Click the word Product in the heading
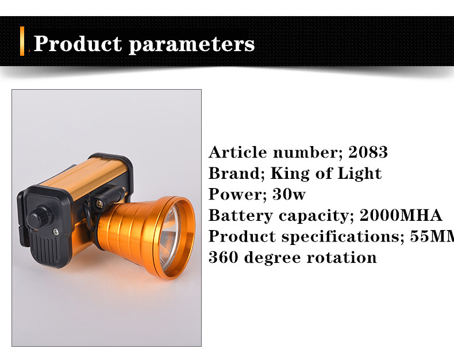pos(78,44)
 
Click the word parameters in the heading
pos(191,45)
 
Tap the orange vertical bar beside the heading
pos(22,41)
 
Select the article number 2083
pos(368,152)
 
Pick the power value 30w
pos(289,194)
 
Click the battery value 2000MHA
pos(401,215)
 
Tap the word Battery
pos(241,216)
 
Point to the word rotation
pos(342,258)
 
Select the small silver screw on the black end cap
pos(56,232)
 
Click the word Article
pos(238,152)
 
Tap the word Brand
pos(235,174)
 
